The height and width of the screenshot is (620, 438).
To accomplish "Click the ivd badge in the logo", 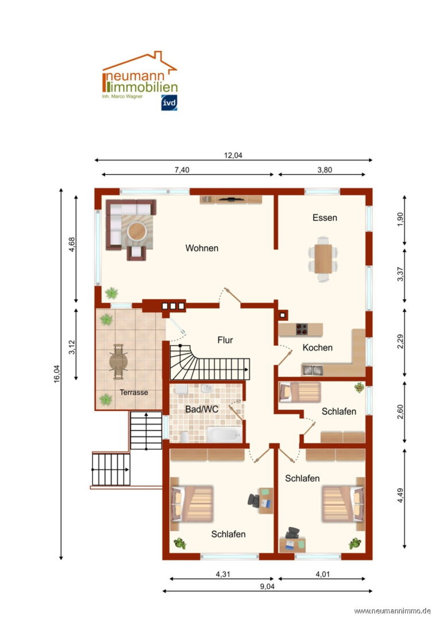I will [169, 103].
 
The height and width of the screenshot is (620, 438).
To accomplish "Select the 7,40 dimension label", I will [181, 169].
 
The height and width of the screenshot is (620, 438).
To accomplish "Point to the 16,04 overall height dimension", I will [57, 375].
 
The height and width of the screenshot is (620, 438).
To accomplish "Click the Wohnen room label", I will [201, 248].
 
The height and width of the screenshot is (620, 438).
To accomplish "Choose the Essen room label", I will [324, 218].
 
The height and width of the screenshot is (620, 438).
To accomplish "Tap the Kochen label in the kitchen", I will [317, 347].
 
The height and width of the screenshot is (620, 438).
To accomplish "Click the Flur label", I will [225, 340].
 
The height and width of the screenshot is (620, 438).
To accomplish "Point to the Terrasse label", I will [134, 393].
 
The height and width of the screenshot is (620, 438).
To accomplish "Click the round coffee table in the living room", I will [137, 231].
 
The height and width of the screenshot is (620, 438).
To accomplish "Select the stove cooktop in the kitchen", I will [302, 329].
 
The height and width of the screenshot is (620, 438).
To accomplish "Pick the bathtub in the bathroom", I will [223, 433].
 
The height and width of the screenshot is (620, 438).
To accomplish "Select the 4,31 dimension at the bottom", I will [223, 573].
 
